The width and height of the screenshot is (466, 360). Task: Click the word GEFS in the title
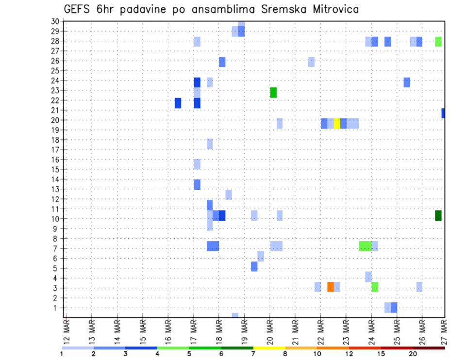point(77,9)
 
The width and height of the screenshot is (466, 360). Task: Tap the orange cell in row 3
point(331,287)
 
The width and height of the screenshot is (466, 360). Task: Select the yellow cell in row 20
point(337,123)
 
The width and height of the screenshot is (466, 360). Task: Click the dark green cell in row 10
point(438,215)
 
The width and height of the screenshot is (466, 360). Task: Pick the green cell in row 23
point(273,93)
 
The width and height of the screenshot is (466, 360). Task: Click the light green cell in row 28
point(438,42)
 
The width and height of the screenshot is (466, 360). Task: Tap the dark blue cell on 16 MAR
point(178,103)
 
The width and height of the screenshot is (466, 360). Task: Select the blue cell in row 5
point(254,266)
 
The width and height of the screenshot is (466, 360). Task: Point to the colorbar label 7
point(253,354)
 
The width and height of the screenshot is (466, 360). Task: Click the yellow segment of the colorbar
point(269,348)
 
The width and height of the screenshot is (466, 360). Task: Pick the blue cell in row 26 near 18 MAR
point(222,62)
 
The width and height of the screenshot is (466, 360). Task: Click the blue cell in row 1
point(394,308)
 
